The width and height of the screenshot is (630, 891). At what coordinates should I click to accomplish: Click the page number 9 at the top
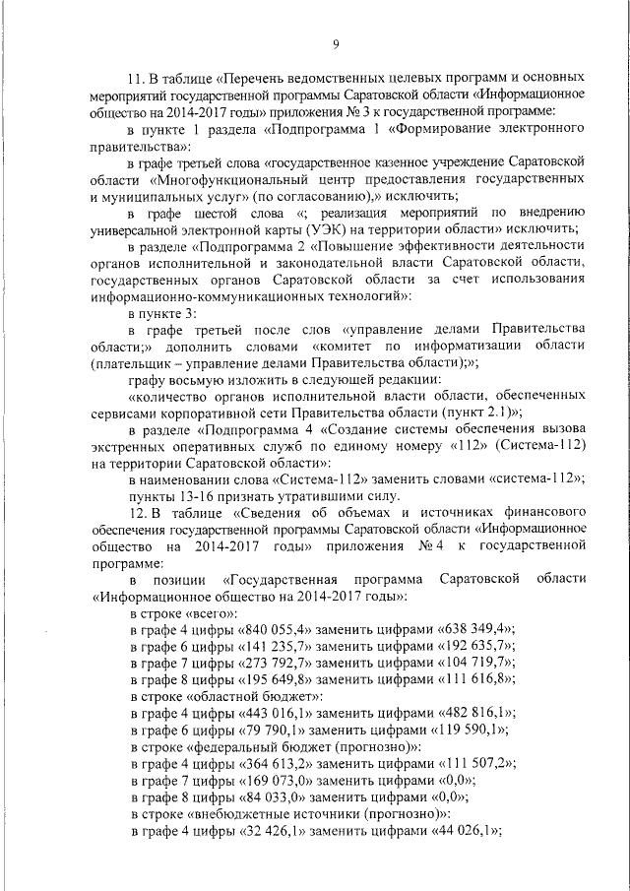337,42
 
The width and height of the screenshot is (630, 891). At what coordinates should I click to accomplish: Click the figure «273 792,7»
273,663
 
